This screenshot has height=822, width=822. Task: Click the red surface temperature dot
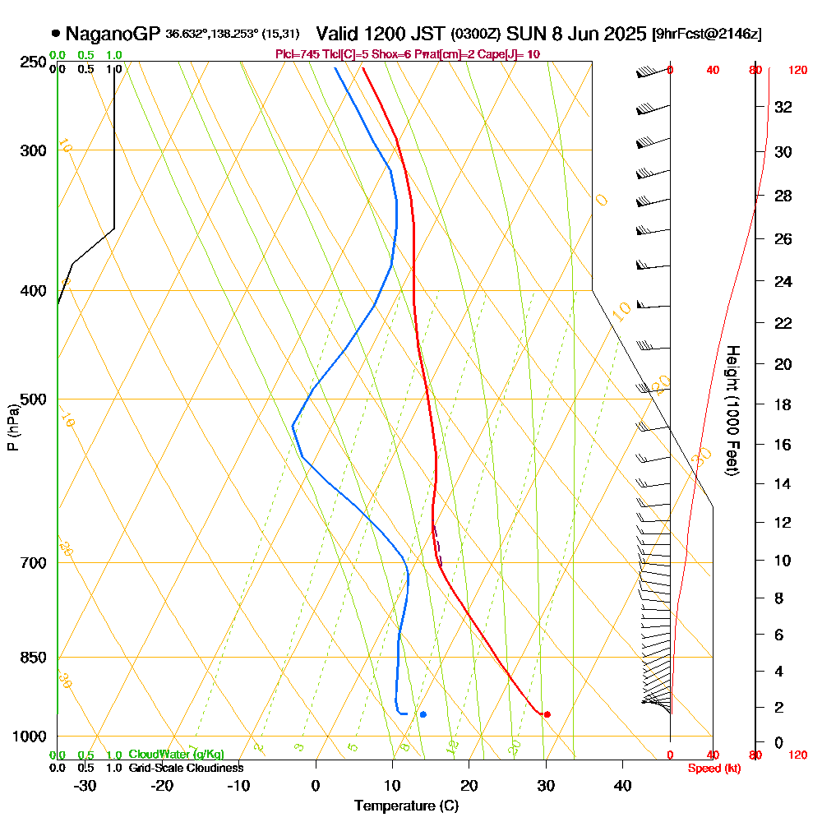(x=547, y=714)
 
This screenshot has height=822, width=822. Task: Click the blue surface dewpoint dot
(x=423, y=714)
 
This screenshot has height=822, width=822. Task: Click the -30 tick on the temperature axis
(x=85, y=786)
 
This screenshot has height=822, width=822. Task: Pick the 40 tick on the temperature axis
(x=623, y=786)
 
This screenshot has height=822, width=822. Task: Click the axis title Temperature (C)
(x=406, y=806)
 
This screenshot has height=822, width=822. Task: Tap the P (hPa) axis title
(x=12, y=427)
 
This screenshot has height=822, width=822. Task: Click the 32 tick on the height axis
(x=783, y=107)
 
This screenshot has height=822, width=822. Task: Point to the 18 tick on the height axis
(x=783, y=404)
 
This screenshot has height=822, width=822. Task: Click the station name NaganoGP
(x=113, y=35)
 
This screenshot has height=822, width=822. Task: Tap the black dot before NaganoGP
(x=55, y=34)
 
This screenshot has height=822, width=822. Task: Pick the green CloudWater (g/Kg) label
(x=176, y=754)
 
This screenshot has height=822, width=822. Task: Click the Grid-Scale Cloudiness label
(x=185, y=768)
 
